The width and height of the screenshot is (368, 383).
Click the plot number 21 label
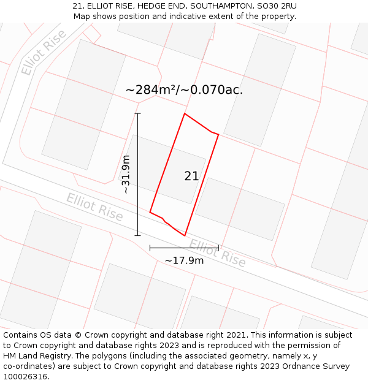pos(191,176)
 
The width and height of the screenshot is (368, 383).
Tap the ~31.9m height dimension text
pos(126,175)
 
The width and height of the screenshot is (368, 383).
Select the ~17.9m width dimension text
pos(184,260)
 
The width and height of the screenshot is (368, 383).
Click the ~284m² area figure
pos(151,89)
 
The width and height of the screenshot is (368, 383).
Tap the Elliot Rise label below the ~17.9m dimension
pos(218,253)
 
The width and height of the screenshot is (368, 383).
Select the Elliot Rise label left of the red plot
pos(94,207)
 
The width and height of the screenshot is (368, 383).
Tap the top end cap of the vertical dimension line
pos(137,113)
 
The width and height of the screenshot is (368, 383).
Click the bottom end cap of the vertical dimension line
pos(137,235)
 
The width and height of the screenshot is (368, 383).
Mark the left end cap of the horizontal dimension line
pos(150,248)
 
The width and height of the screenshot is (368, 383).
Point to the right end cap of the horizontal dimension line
pos(218,248)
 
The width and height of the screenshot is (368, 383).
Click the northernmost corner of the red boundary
pos(185,113)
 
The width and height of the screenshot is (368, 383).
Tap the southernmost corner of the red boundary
pos(185,235)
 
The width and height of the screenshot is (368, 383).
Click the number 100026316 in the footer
pos(25,377)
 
